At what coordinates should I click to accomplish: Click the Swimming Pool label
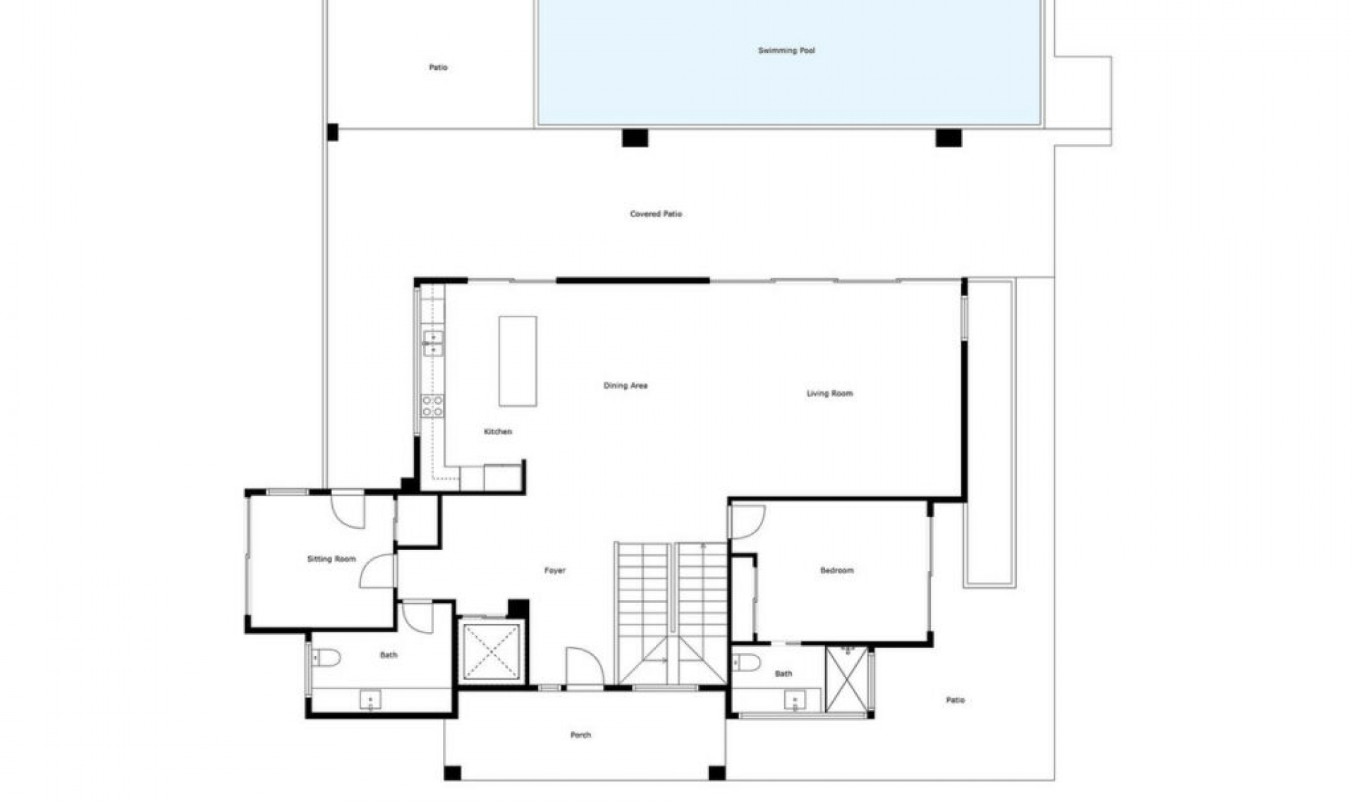[x=786, y=51]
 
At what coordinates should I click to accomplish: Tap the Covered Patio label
[x=656, y=214]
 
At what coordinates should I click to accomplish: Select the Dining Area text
[x=626, y=386]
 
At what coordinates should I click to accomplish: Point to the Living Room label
[x=829, y=394]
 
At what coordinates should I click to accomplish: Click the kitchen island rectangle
[x=518, y=361]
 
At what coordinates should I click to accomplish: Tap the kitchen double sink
[x=432, y=343]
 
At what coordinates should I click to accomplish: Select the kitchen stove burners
[x=432, y=406]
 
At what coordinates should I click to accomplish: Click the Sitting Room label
[x=331, y=559]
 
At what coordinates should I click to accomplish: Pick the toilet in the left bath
[x=327, y=658]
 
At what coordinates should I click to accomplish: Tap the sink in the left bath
[x=370, y=700]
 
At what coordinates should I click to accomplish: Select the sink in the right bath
[x=795, y=700]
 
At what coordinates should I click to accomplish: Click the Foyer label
[x=555, y=571]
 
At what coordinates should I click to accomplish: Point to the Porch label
[x=580, y=735]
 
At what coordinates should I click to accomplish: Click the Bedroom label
[x=837, y=571]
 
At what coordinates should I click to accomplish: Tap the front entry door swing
[x=583, y=666]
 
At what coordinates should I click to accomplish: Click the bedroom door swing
[x=746, y=521]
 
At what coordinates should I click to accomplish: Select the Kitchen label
[x=498, y=432]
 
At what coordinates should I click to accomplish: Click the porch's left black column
[x=453, y=773]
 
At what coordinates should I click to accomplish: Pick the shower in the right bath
[x=846, y=679]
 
